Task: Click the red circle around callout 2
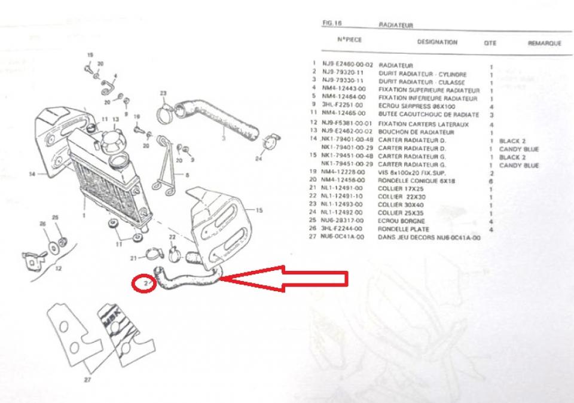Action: click(145, 283)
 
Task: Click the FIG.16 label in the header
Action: click(331, 24)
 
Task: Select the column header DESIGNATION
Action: click(437, 42)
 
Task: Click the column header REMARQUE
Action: click(544, 44)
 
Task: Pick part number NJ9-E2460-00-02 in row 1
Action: click(347, 65)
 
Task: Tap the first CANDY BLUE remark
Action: click(519, 149)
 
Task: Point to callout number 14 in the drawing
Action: click(32, 174)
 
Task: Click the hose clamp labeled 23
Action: click(166, 110)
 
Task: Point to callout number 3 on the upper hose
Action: click(223, 138)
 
